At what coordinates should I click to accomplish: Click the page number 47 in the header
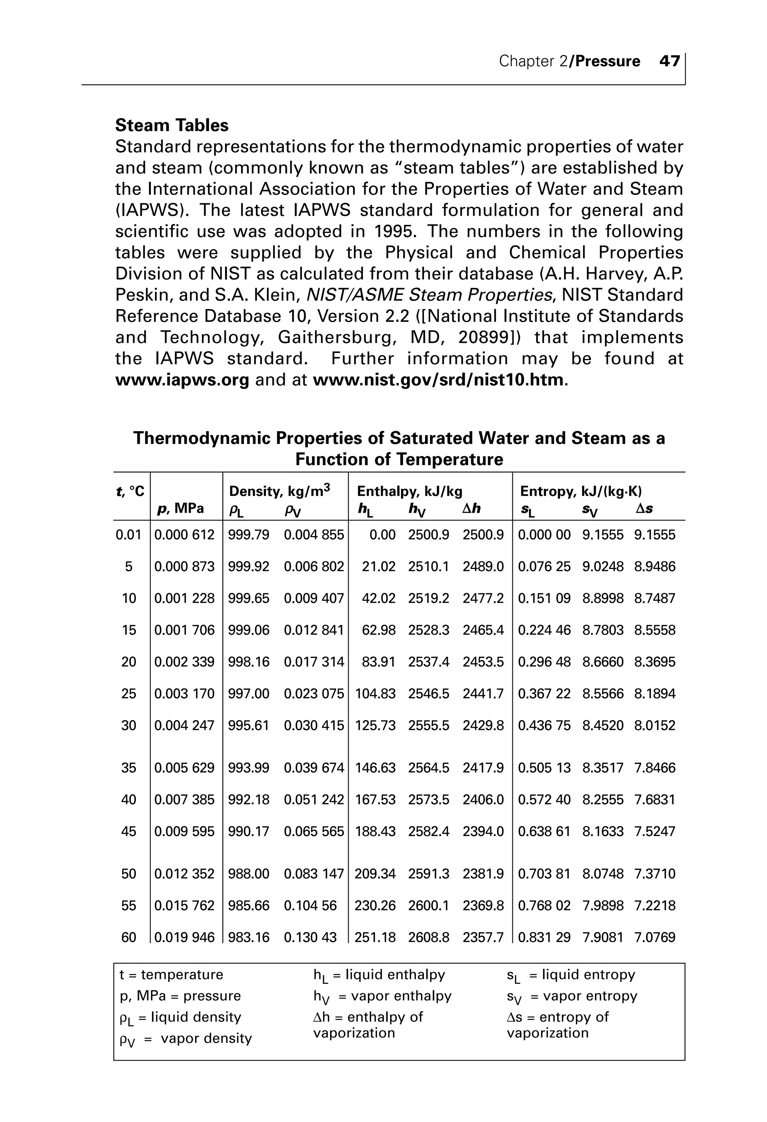pos(670,61)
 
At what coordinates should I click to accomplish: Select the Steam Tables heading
pos(172,125)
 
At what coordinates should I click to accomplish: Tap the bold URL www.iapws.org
pos(182,380)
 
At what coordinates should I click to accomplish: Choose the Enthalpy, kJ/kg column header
pos(409,492)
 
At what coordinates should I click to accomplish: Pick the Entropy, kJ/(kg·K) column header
pos(580,492)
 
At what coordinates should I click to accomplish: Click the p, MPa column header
pos(181,508)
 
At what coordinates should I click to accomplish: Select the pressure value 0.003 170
pos(184,694)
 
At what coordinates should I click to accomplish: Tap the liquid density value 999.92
pos(249,566)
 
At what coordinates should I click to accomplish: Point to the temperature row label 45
pos(128,831)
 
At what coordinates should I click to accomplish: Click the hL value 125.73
pos(375,726)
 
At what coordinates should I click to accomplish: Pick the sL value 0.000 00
pos(544,535)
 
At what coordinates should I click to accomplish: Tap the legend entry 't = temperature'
pos(172,975)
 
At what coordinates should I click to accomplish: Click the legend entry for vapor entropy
pos(572,996)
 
